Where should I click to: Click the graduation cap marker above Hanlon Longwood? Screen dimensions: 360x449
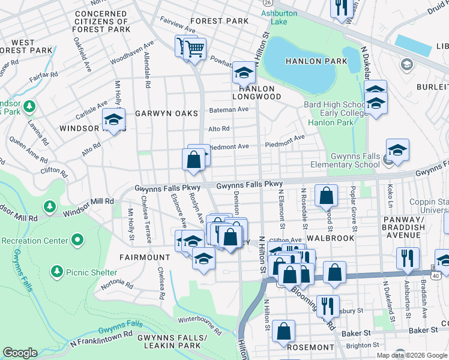[244, 73]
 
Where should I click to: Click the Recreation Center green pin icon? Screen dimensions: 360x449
[77, 241]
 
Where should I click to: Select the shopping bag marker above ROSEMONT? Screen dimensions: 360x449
[283, 331]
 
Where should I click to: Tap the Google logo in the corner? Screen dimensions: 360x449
[20, 353]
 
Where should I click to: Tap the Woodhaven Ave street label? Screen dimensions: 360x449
[131, 52]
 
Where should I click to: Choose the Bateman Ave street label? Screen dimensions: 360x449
[229, 110]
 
